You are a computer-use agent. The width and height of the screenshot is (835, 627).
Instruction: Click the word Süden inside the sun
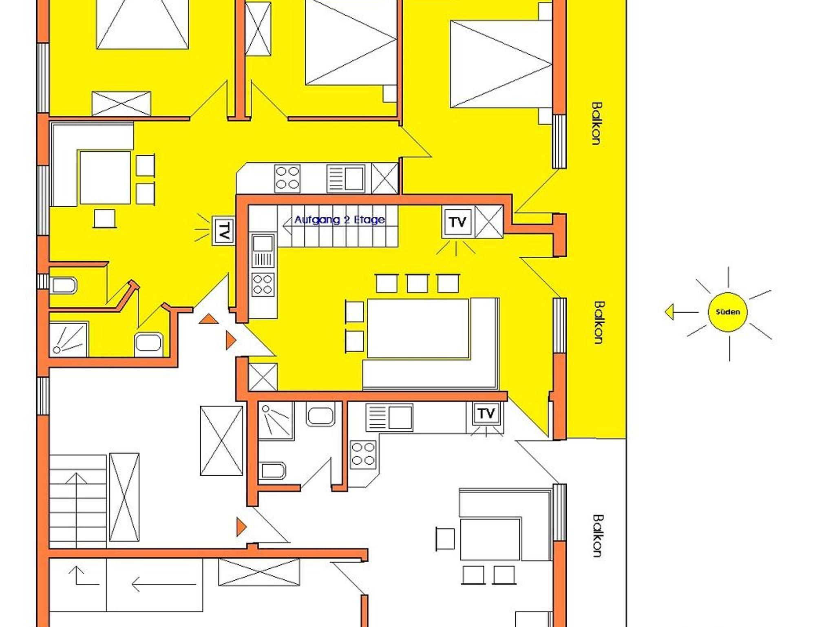(x=728, y=312)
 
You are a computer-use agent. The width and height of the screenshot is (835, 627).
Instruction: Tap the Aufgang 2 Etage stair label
(x=340, y=220)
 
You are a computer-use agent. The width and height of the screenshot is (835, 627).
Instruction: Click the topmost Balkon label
(x=596, y=123)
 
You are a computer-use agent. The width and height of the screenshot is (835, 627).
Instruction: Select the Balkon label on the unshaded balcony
(x=598, y=536)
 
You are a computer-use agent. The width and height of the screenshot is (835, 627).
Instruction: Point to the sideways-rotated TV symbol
(x=223, y=231)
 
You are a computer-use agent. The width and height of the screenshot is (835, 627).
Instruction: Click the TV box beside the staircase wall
(x=457, y=222)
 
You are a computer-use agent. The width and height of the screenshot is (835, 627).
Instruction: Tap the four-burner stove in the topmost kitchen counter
(x=287, y=178)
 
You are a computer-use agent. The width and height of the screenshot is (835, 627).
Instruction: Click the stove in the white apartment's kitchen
(x=363, y=455)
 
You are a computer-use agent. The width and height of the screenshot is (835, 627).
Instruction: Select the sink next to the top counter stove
(x=345, y=178)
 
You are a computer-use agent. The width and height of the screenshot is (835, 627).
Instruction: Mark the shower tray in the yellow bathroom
(x=69, y=339)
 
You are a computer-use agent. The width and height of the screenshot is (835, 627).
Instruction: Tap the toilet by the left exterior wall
(x=63, y=285)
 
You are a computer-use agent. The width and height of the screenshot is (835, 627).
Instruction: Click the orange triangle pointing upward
(x=209, y=319)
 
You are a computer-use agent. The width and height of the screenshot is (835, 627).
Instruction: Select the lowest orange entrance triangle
(x=241, y=527)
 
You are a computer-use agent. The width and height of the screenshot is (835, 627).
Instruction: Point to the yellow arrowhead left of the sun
(x=669, y=313)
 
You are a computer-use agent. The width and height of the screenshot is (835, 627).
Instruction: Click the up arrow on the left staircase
(x=76, y=510)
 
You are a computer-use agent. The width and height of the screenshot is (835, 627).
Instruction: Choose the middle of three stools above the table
(x=417, y=283)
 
